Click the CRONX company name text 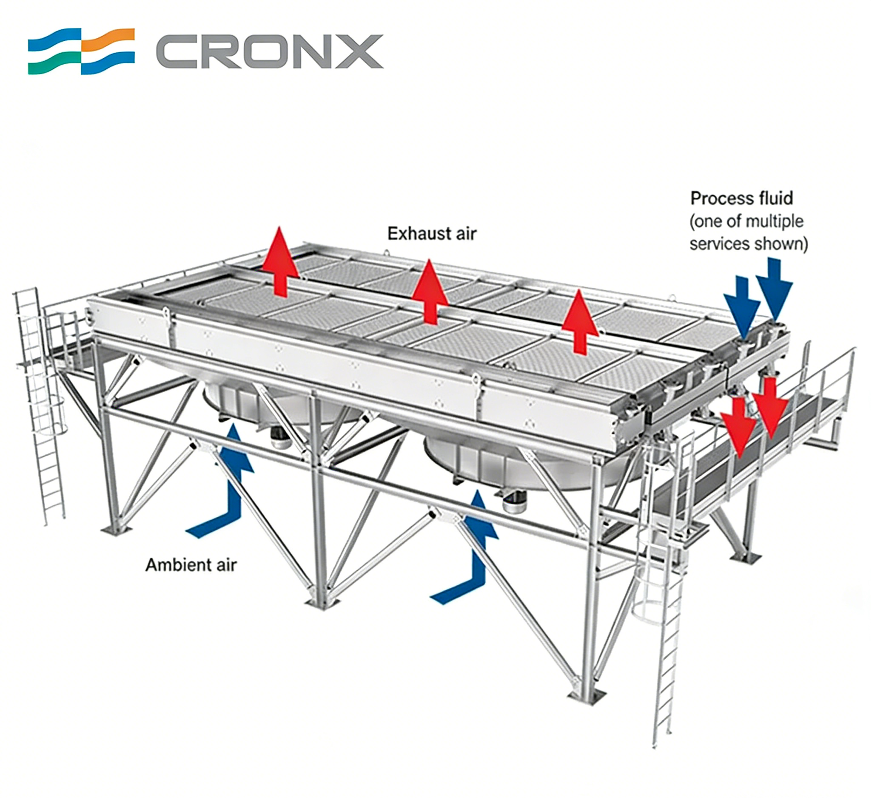[x=269, y=52]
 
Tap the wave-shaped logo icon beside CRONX [x=81, y=51]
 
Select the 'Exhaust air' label [x=431, y=234]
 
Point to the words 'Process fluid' [x=741, y=198]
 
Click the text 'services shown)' [x=748, y=244]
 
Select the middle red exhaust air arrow [x=429, y=292]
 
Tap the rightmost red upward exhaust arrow [x=579, y=322]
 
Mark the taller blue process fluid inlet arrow [x=774, y=290]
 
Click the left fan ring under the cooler [x=242, y=402]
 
